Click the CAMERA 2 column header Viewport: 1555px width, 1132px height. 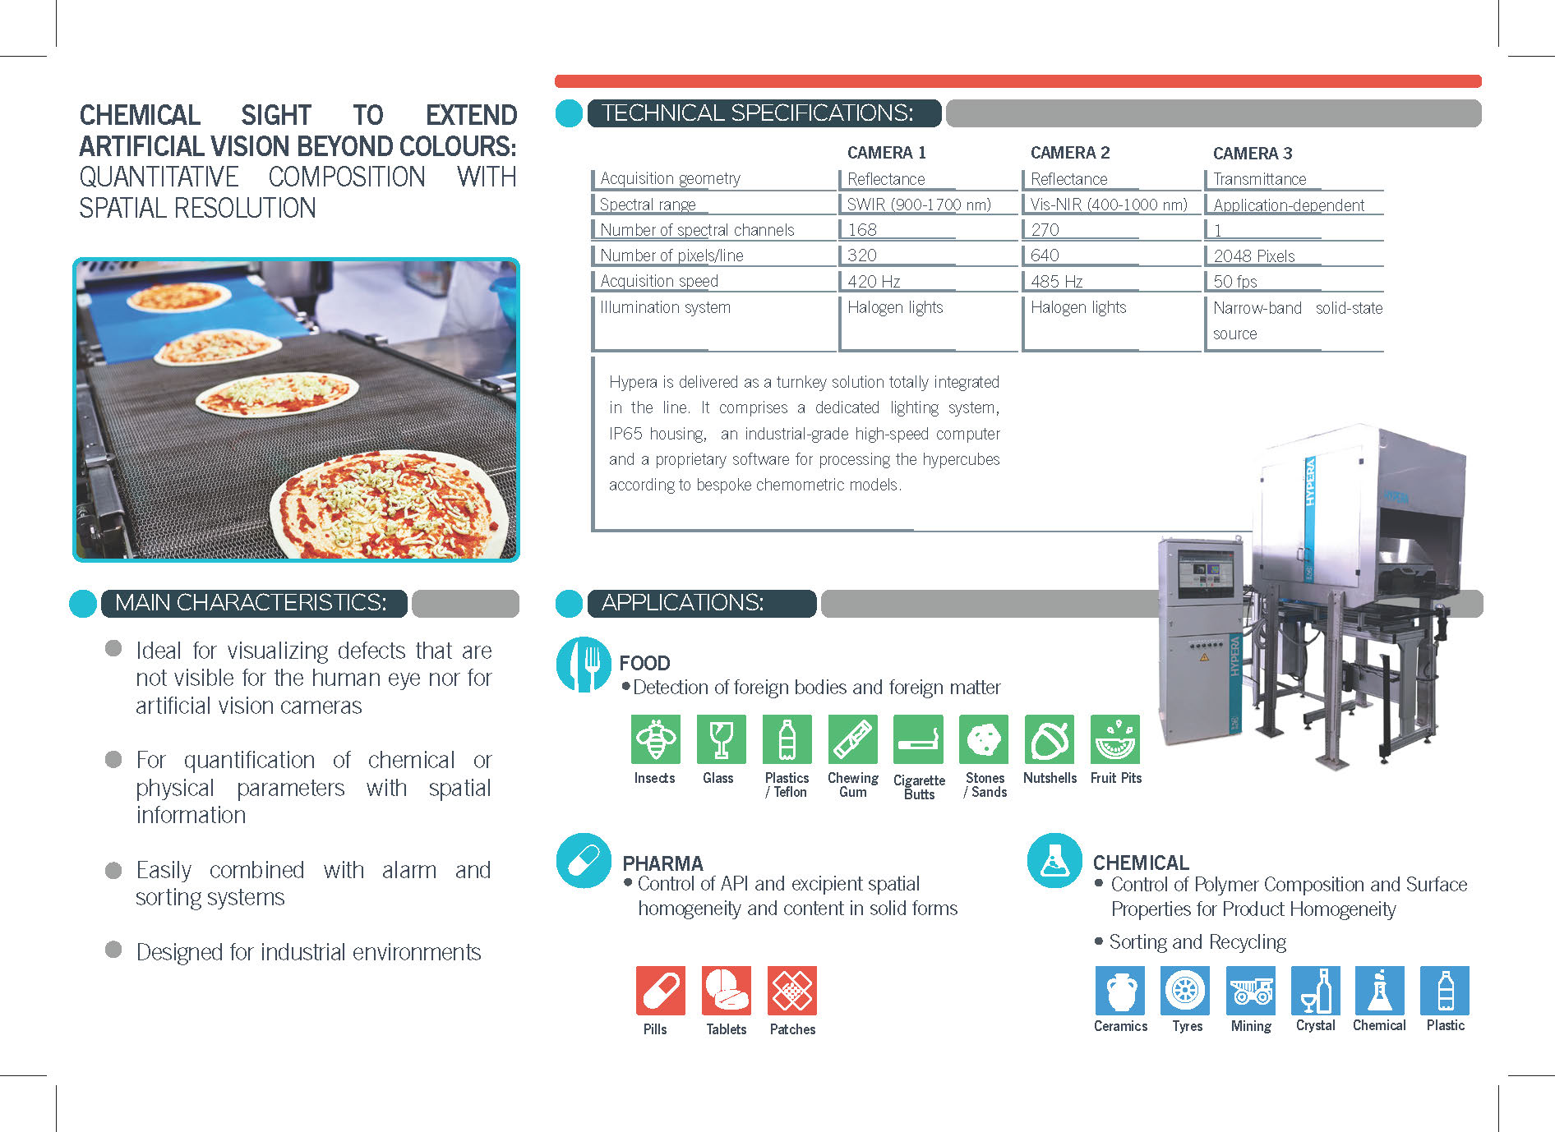tap(1069, 153)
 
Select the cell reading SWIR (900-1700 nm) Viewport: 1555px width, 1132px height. tap(919, 205)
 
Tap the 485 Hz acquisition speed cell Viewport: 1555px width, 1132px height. tap(1056, 281)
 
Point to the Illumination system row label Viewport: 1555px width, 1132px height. tap(665, 307)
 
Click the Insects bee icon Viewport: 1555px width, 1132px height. tap(655, 739)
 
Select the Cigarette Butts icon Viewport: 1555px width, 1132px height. tap(918, 739)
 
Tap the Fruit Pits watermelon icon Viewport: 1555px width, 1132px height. tap(1115, 739)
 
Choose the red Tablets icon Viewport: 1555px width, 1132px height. tap(727, 991)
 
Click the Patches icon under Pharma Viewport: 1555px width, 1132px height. tap(792, 991)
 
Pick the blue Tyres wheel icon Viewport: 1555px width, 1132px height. tap(1185, 991)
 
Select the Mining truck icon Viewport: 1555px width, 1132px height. tap(1250, 991)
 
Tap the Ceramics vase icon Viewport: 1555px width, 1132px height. tap(1120, 991)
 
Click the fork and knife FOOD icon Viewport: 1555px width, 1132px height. tap(584, 665)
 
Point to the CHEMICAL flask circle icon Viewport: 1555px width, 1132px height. tap(1054, 861)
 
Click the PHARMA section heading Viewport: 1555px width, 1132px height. tap(662, 863)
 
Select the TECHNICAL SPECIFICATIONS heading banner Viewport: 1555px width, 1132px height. tap(764, 113)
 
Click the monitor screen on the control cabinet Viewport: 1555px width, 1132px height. tap(1206, 573)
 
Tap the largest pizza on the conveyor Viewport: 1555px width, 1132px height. tap(389, 504)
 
